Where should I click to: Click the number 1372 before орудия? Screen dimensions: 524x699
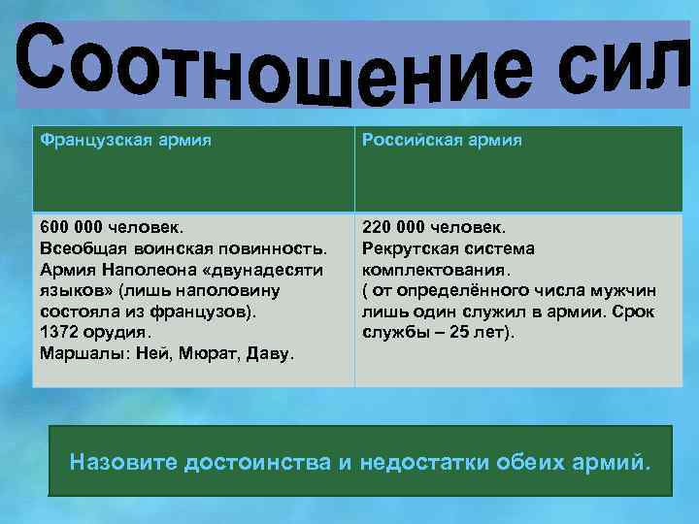tap(60, 332)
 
